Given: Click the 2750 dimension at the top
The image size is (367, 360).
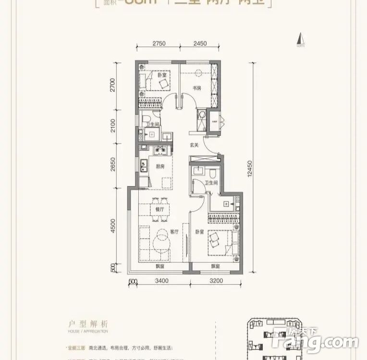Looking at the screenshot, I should pyautogui.click(x=159, y=44).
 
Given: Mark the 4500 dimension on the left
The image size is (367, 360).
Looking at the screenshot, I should pyautogui.click(x=113, y=226).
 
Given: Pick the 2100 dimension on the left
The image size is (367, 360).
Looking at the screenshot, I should pyautogui.click(x=113, y=126).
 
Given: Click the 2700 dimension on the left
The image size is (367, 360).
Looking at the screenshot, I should pyautogui.click(x=113, y=85).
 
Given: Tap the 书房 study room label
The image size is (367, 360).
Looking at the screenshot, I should pyautogui.click(x=196, y=88).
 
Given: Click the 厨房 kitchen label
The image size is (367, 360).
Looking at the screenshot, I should pyautogui.click(x=160, y=167).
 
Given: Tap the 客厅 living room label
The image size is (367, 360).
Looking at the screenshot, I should pyautogui.click(x=174, y=231).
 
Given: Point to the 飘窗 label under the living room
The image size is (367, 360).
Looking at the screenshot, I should pyautogui.click(x=160, y=266).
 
